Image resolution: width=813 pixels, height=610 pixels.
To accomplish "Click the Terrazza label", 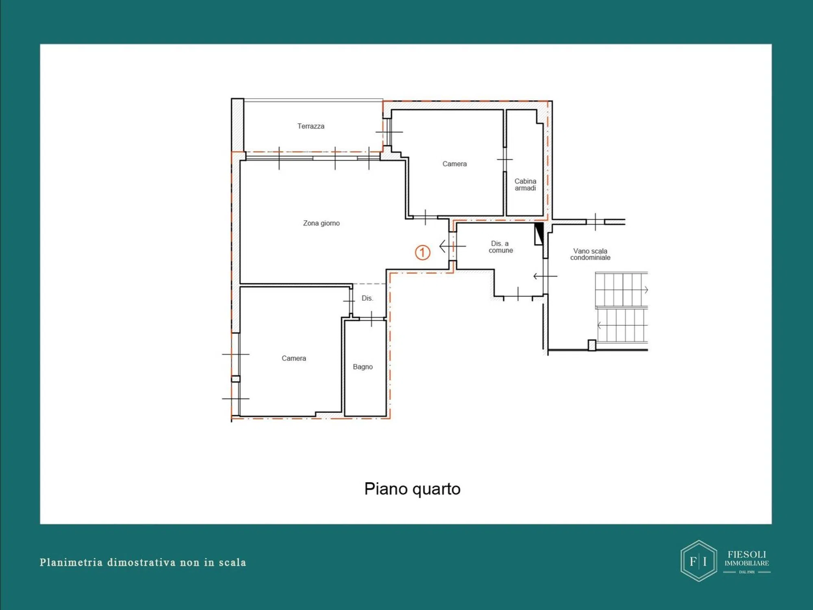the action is click(311, 126).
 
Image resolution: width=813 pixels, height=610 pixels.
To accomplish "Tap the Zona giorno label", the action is click(322, 223).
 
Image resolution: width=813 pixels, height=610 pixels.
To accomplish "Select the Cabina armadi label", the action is click(525, 185).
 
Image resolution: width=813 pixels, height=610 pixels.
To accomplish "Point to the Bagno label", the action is click(363, 367).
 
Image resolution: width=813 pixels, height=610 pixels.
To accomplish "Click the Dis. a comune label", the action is click(500, 247).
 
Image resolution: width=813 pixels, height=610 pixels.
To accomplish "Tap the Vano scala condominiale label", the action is click(590, 254).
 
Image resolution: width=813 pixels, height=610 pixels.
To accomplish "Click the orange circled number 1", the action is click(422, 253).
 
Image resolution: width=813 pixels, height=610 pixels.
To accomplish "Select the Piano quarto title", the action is click(412, 489).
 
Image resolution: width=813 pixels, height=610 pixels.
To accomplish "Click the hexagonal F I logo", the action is click(699, 561).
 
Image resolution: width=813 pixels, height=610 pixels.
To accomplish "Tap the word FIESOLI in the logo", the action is click(747, 554).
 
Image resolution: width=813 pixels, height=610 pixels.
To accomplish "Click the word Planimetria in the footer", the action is click(71, 562).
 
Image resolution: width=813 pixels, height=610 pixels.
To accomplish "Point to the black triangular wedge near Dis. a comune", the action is click(539, 233).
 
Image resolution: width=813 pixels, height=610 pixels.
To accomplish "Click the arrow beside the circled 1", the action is click(452, 246).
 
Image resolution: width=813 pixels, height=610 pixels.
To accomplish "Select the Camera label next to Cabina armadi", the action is click(454, 164).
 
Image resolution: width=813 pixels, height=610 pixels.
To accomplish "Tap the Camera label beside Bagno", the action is click(294, 358).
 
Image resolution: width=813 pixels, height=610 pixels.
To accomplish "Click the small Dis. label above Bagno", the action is click(367, 298).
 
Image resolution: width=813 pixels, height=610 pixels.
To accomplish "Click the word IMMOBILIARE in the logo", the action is click(747, 563).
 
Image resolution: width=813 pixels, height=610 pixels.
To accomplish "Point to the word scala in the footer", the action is click(233, 562).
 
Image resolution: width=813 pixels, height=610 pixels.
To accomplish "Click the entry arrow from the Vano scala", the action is click(545, 276).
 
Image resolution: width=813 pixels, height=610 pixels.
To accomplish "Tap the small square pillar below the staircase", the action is click(592, 345).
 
